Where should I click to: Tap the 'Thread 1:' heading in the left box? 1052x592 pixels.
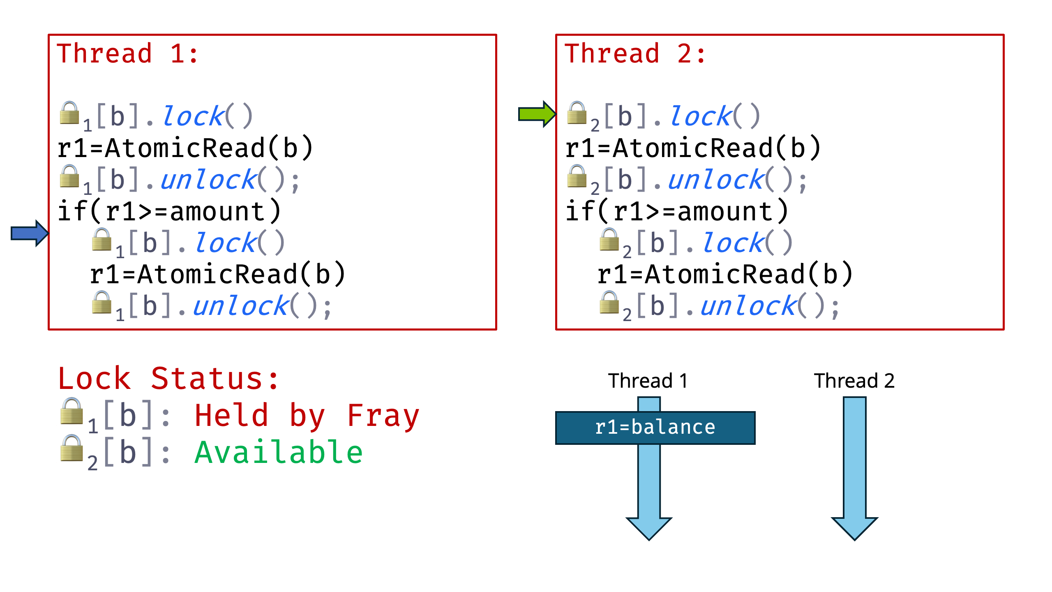[x=128, y=54]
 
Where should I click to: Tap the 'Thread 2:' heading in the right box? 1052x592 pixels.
[x=635, y=54]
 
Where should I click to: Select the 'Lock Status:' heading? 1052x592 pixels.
[x=168, y=379]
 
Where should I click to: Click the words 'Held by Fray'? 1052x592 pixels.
[x=307, y=416]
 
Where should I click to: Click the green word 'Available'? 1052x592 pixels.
[x=279, y=453]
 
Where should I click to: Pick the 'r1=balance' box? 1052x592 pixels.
[x=655, y=428]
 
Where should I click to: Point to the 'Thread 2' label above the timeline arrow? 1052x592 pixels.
[x=854, y=381]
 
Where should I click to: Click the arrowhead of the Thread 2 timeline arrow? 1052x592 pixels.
[x=854, y=528]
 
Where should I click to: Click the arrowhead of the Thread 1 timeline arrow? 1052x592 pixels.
[x=649, y=528]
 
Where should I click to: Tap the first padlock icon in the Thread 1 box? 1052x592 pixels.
[x=69, y=113]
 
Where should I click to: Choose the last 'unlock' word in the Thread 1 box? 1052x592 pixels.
[x=241, y=306]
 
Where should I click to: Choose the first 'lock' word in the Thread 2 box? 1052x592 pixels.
[x=701, y=116]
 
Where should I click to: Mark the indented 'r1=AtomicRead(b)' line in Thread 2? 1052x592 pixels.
[x=725, y=275]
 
